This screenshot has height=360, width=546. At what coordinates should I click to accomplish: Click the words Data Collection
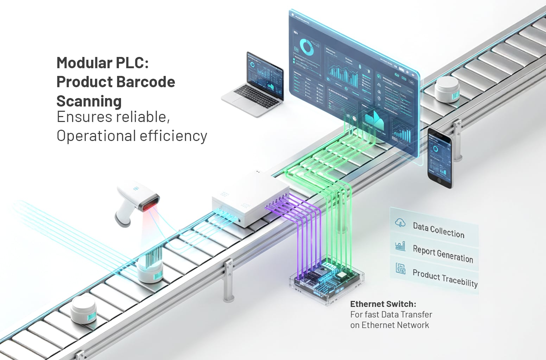(438, 230)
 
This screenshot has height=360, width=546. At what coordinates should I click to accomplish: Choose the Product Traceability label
(445, 278)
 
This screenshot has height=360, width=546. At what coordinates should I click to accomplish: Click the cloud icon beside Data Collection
(400, 223)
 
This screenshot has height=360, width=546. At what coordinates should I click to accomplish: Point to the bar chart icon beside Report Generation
(400, 246)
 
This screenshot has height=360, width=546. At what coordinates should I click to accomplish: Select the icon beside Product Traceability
(400, 269)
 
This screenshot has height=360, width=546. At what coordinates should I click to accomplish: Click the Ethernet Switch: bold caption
(383, 304)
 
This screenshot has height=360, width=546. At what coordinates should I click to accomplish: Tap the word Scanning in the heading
(89, 101)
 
